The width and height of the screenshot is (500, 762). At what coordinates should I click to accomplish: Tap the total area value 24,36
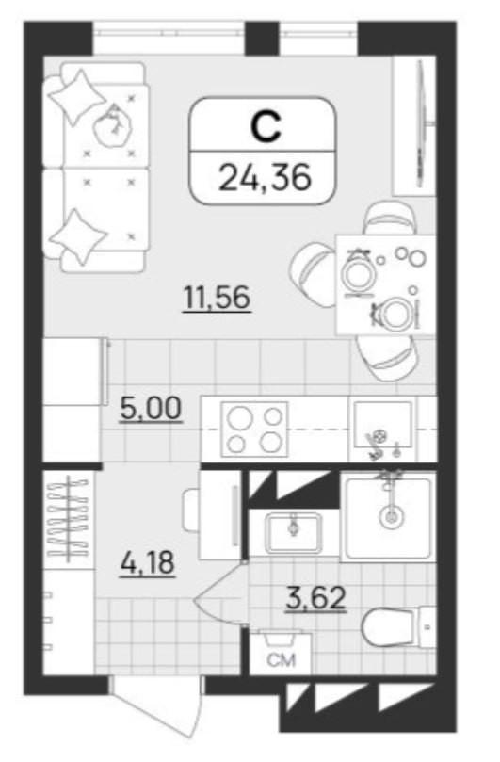tap(265, 177)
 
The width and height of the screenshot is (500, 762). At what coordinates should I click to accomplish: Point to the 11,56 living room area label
tap(217, 298)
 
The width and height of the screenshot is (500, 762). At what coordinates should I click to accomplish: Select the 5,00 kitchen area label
tap(150, 409)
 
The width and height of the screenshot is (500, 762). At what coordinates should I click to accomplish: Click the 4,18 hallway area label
tap(147, 562)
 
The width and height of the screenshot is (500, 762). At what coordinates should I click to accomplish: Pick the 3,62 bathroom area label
tap(315, 598)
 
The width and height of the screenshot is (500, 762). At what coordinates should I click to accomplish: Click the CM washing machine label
tap(282, 660)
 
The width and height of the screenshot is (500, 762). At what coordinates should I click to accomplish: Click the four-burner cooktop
tap(254, 430)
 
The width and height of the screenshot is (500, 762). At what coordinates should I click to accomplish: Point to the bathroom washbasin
tap(293, 533)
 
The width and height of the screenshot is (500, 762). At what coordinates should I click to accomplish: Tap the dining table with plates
tap(386, 285)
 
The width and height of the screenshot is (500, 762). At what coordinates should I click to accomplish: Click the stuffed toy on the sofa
tap(113, 126)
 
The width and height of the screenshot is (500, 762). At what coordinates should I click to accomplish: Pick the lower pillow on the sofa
tap(78, 237)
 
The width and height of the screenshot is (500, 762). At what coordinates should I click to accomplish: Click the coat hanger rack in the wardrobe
tap(69, 519)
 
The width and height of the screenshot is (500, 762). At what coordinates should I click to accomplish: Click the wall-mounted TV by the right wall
tap(421, 124)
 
